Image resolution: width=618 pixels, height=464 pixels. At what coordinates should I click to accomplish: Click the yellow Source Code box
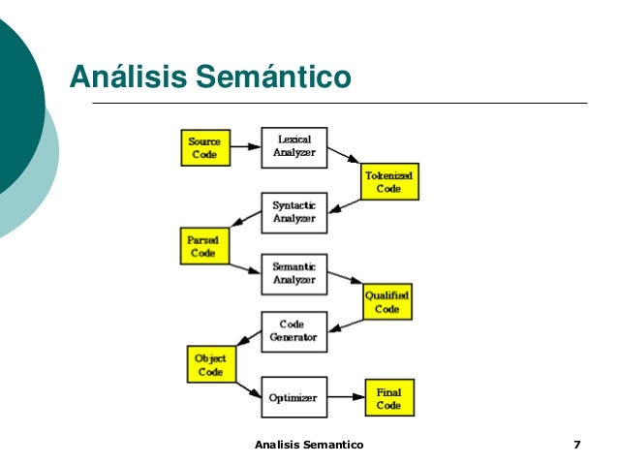204,148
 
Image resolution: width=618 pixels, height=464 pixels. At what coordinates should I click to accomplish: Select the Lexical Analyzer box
294,147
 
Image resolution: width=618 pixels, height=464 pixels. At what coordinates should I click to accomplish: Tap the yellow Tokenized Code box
389,181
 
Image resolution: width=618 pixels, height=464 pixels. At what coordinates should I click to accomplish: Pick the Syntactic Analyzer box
294,212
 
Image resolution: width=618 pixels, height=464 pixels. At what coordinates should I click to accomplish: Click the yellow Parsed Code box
203,245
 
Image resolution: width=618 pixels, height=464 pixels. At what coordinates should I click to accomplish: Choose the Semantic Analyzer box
294,274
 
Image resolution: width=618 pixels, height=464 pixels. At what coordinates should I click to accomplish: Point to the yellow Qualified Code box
386,302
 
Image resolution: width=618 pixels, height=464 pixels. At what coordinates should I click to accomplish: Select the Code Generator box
294,331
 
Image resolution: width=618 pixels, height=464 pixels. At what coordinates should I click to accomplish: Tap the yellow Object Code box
209,364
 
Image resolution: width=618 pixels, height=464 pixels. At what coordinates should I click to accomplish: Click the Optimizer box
294,397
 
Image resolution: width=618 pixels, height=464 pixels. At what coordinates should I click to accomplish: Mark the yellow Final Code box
388,398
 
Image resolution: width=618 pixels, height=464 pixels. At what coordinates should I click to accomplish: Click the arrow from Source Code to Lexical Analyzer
246,148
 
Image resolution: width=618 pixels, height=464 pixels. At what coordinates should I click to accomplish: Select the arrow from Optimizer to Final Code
346,398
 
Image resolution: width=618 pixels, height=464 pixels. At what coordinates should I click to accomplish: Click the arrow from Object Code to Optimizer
247,387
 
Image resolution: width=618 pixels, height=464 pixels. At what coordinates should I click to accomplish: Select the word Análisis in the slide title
128,76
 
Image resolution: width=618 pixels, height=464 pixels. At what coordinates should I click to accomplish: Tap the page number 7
577,445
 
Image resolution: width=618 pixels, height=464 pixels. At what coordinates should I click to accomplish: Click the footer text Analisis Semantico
308,445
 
